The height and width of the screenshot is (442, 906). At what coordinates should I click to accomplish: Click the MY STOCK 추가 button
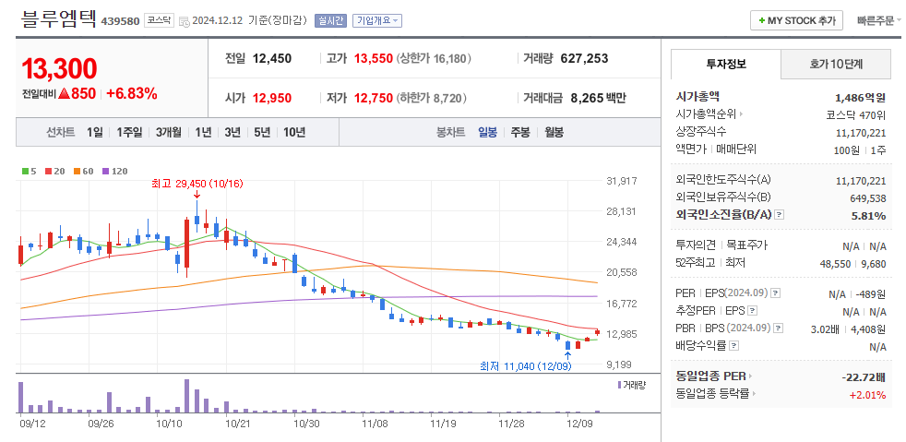[797, 19]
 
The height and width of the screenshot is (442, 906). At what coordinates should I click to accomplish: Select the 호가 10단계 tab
[835, 64]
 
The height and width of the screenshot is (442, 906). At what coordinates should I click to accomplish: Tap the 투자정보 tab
[725, 64]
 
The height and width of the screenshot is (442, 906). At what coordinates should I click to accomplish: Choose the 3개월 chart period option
[169, 132]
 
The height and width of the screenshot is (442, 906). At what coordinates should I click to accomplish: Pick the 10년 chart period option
[294, 132]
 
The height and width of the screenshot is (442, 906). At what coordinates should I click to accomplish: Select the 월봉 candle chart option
[554, 132]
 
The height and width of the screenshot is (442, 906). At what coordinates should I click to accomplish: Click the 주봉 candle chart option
[520, 132]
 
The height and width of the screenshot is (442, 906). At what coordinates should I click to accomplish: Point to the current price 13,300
[59, 69]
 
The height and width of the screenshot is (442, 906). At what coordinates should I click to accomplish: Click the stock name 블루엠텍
[56, 18]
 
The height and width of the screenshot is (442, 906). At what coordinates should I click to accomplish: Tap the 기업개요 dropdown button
[377, 20]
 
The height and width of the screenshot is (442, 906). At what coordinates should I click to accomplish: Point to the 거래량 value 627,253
[583, 58]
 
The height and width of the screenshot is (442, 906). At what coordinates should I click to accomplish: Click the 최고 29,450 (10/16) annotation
[197, 184]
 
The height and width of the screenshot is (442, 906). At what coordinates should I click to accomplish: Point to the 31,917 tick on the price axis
[622, 181]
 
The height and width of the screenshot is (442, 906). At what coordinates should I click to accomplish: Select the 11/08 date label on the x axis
[375, 424]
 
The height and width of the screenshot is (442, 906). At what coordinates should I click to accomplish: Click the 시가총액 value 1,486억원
[860, 97]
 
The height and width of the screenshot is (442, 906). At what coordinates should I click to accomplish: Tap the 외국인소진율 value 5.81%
[869, 215]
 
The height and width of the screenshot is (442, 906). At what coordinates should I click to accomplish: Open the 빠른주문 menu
[876, 19]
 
